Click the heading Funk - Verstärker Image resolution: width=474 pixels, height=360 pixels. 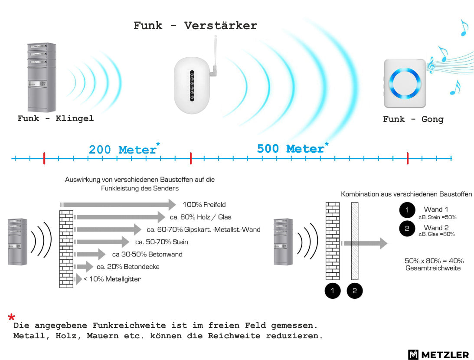coord(195,26)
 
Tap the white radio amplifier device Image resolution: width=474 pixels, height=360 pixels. coord(192,85)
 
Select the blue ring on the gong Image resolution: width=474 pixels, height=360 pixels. coord(405,83)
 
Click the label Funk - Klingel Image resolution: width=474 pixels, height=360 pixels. coord(56,118)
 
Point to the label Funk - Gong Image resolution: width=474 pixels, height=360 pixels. coord(413,119)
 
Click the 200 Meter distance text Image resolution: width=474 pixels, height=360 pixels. coord(122,150)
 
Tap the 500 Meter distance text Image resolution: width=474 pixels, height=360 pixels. coord(291,148)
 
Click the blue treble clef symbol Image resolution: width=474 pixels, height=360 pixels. coord(432,65)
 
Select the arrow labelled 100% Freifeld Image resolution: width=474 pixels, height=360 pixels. coord(118,205)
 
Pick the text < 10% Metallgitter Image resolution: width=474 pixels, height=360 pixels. coord(112,279)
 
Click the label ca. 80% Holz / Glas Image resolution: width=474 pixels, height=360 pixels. coord(200,217)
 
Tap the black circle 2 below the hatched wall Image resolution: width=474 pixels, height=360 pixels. coord(355,291)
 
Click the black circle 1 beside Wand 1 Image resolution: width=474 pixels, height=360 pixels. coord(407,210)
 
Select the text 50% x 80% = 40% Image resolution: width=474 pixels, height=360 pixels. coord(434,261)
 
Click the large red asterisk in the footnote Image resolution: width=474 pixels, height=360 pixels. coord(11,317)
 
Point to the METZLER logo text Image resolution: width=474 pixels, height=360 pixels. coord(445,354)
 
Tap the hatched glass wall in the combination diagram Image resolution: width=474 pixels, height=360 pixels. coord(355,241)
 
